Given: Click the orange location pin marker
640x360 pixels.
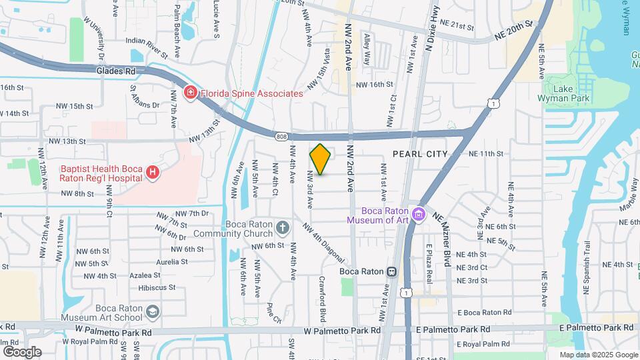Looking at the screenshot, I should click(x=321, y=159).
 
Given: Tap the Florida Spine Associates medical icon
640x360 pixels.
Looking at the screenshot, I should click(x=191, y=93).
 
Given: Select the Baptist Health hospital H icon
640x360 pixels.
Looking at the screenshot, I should click(x=153, y=173).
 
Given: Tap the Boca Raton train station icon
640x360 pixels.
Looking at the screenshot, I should click(x=391, y=271).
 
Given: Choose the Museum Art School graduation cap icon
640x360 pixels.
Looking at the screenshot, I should click(x=153, y=312).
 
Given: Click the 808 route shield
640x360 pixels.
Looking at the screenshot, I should click(x=281, y=137).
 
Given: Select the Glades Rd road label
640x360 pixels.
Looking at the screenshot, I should click(x=115, y=69).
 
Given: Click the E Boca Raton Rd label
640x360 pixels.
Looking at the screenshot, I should click(x=484, y=312).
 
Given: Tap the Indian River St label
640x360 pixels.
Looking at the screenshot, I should click(x=146, y=41).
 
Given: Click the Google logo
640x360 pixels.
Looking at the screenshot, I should click(x=21, y=351).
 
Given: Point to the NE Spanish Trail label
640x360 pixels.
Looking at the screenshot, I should click(x=587, y=267).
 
